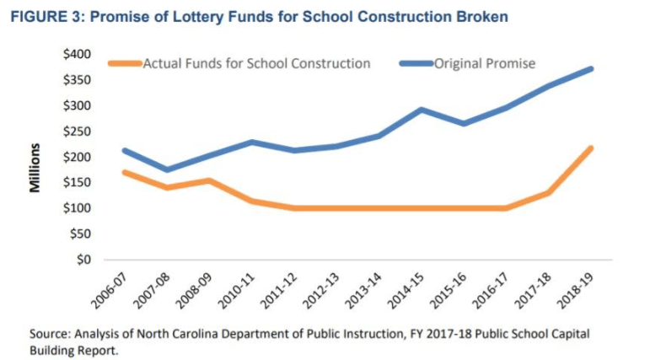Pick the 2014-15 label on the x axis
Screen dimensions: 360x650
[404, 290]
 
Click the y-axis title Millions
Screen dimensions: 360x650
[35, 169]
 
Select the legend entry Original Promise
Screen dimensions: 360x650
[485, 63]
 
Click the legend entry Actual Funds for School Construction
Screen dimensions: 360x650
[256, 63]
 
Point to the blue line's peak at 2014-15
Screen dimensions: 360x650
[421, 110]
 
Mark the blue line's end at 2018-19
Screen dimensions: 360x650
[593, 68]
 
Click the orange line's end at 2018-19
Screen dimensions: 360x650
[593, 148]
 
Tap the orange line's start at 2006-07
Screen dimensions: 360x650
[123, 172]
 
